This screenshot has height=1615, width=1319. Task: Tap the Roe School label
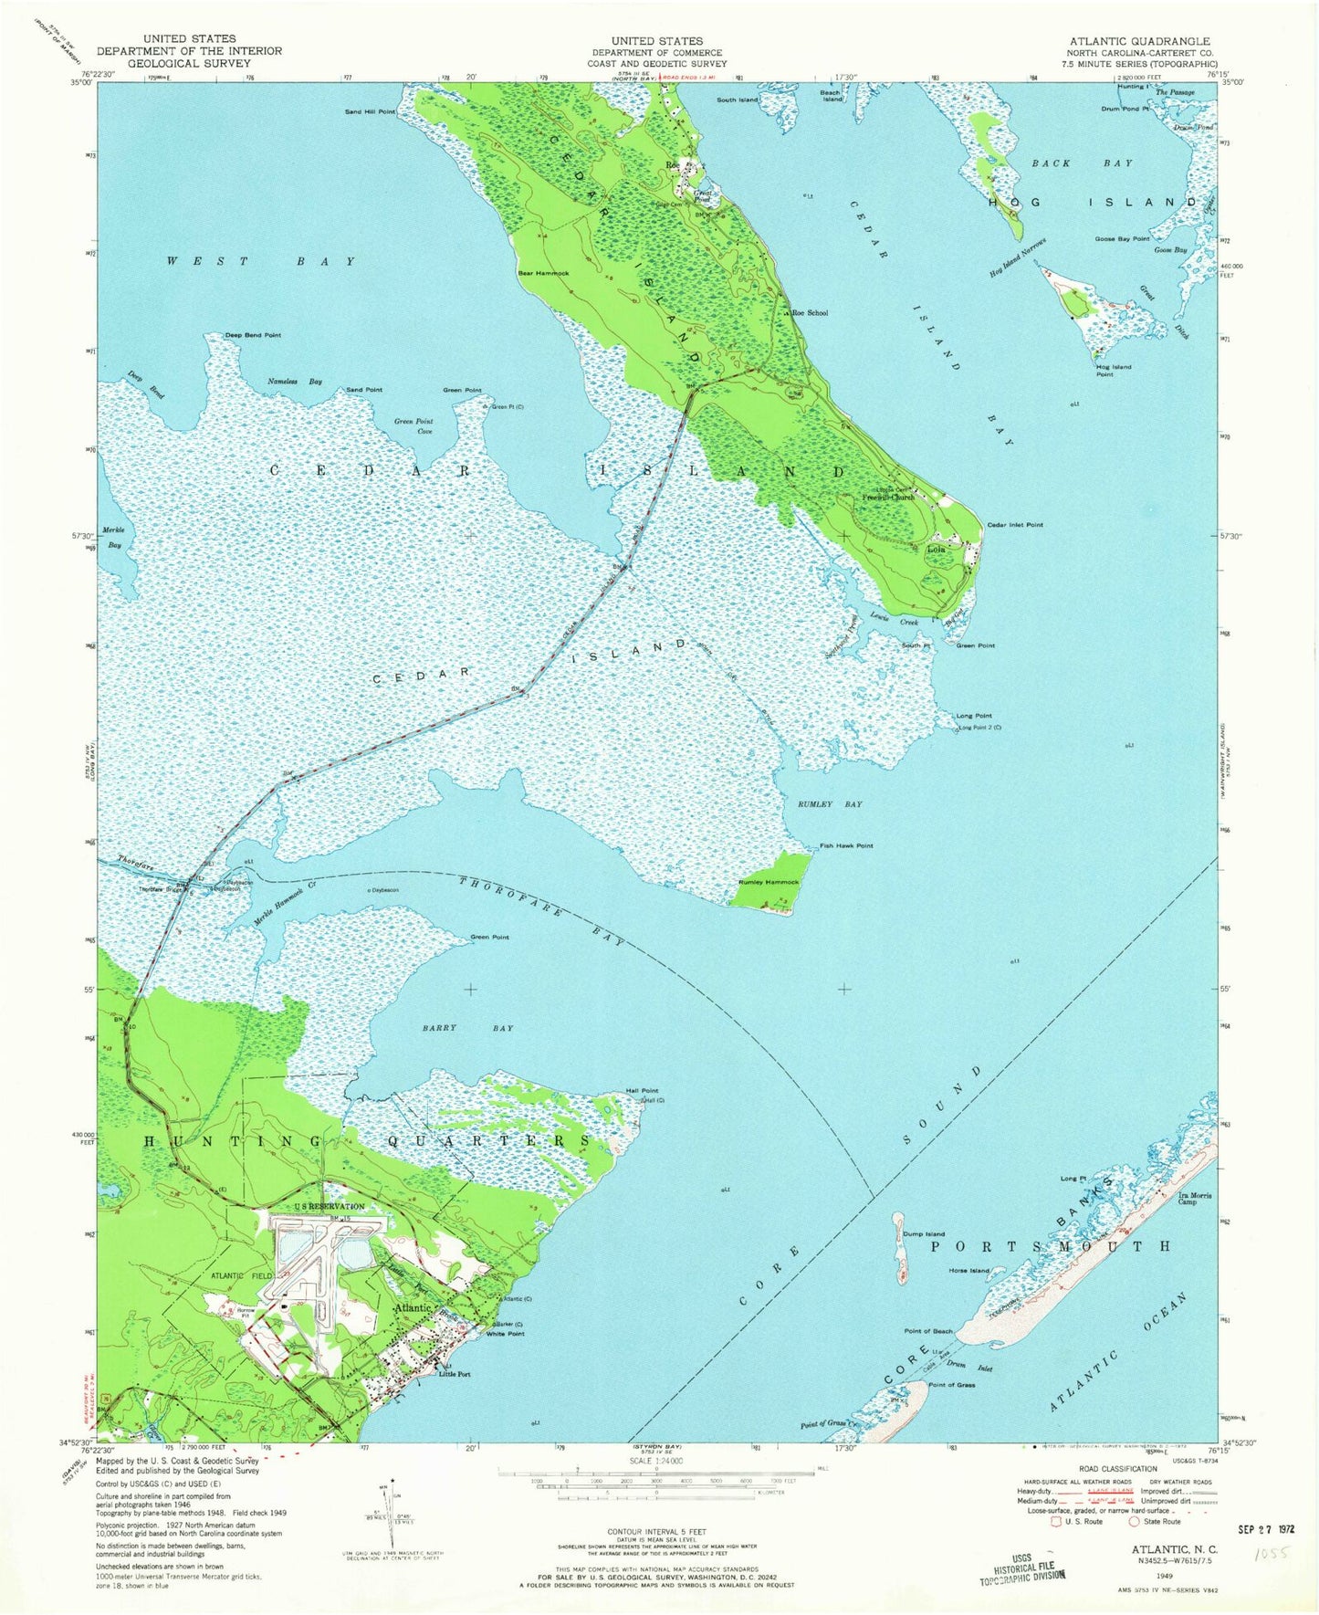click(x=810, y=312)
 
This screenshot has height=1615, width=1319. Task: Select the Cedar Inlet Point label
click(x=1014, y=525)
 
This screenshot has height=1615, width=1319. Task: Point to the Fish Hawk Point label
click(x=845, y=845)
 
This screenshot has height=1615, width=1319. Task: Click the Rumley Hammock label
click(x=768, y=882)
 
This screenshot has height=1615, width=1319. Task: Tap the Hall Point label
click(x=642, y=1090)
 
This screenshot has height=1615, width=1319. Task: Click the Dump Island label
click(x=923, y=1233)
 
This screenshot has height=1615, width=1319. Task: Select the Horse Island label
click(x=968, y=1270)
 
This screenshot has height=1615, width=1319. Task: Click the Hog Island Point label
click(x=1113, y=370)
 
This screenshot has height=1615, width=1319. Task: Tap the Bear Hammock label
click(x=543, y=273)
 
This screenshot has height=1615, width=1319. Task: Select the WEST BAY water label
click(x=260, y=261)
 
